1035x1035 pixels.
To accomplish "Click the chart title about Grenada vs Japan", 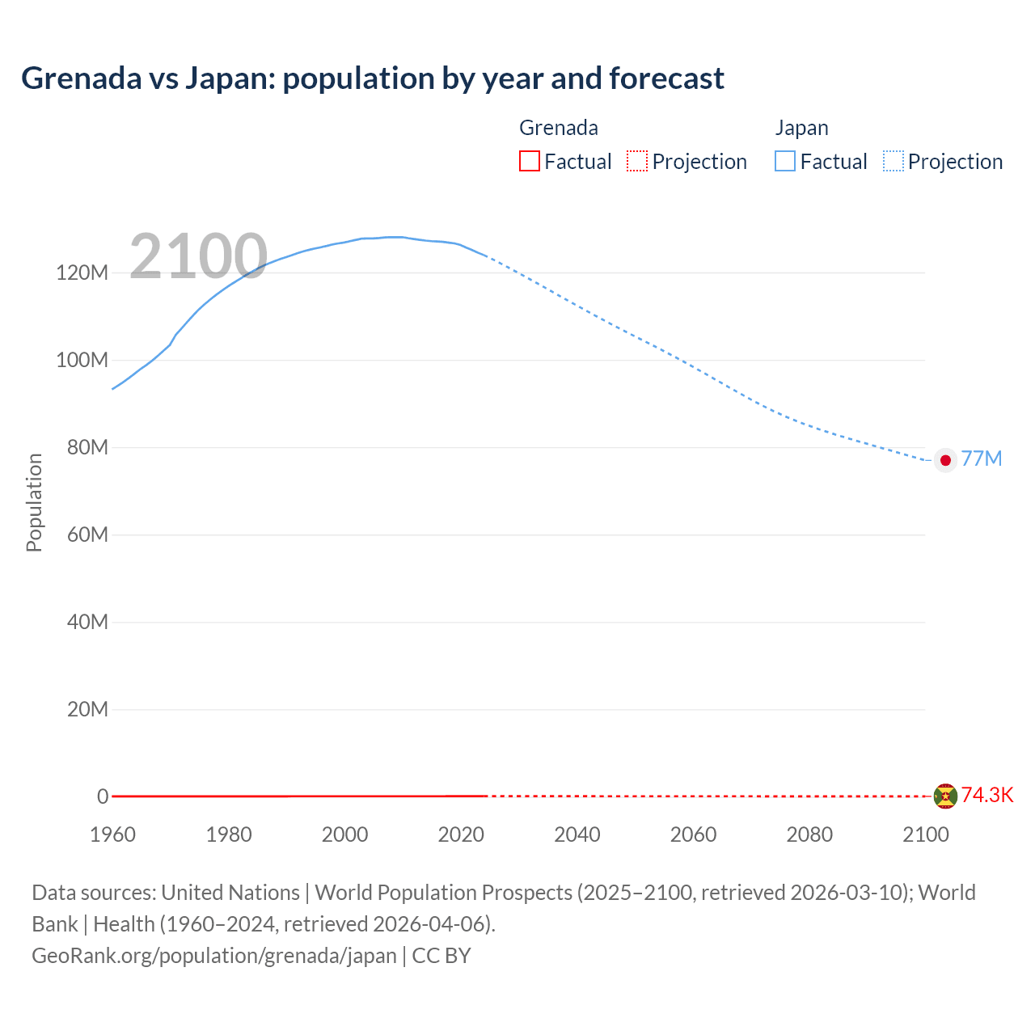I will (372, 78).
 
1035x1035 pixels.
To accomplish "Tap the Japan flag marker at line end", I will (945, 460).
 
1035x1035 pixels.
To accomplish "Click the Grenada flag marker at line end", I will (945, 796).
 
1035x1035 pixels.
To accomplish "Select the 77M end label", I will (982, 459).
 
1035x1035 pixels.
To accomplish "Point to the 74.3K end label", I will (986, 796).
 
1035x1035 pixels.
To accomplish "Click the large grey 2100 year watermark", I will (198, 256).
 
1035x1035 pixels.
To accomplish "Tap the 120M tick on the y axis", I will (82, 272).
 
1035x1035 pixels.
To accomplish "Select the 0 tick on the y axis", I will (103, 796).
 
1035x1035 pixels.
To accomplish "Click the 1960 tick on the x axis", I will (112, 834).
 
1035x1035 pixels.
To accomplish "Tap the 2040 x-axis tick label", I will (577, 834).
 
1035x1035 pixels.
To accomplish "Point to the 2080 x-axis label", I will (809, 834).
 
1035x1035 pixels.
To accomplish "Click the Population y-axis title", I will (34, 502).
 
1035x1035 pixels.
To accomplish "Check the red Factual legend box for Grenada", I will (530, 161).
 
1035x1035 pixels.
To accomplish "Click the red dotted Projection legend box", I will (637, 161).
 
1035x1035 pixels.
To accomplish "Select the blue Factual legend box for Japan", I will (785, 161).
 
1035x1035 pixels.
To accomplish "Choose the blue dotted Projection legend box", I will (893, 161).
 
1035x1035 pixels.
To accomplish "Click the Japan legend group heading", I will (801, 128).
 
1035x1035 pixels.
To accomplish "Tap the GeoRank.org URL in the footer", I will (214, 956).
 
